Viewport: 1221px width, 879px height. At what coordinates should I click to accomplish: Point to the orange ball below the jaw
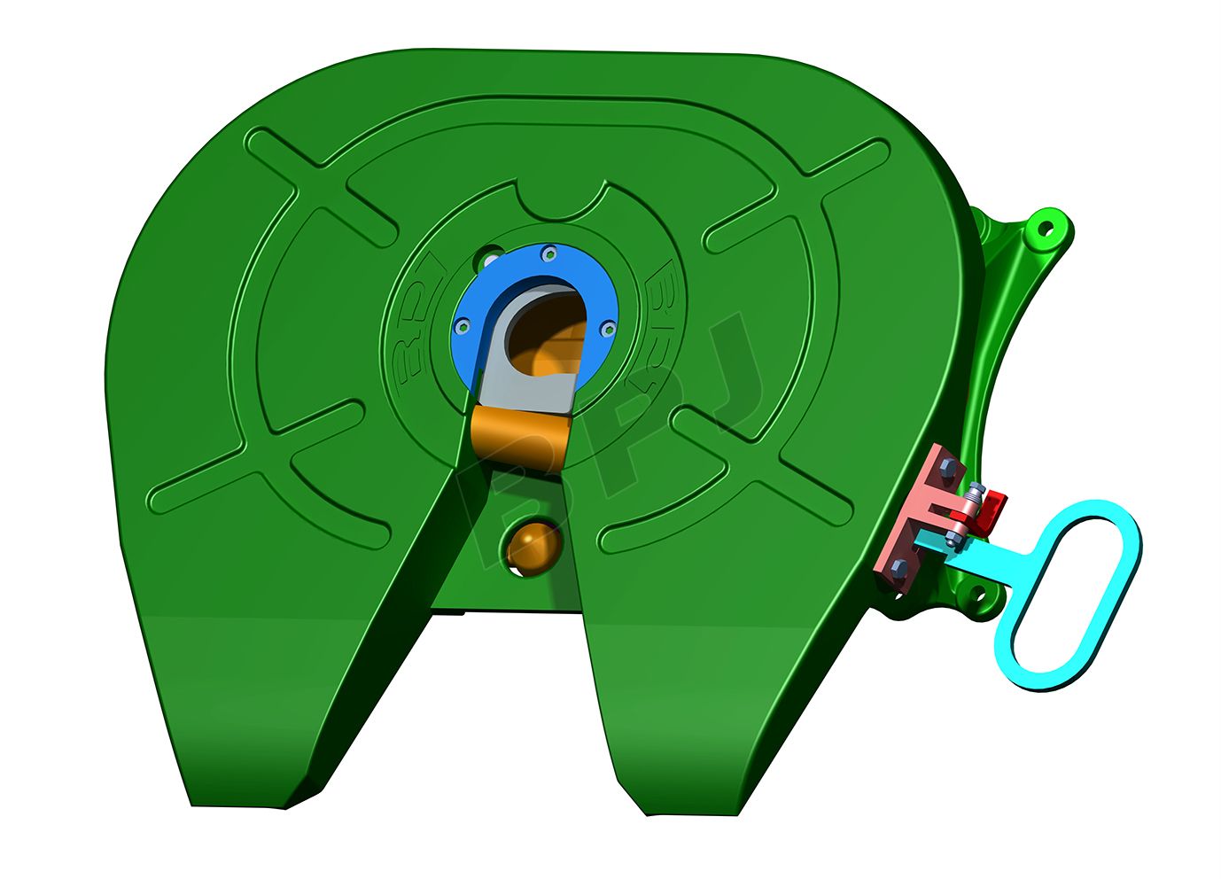click(x=530, y=546)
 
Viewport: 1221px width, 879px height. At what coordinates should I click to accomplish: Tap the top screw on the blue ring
click(x=549, y=254)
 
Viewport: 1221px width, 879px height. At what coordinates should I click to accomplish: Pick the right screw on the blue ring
click(x=607, y=329)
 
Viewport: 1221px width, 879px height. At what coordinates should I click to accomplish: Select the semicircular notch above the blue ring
click(x=564, y=200)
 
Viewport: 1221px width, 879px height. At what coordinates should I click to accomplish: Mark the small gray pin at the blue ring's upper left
click(x=489, y=261)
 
